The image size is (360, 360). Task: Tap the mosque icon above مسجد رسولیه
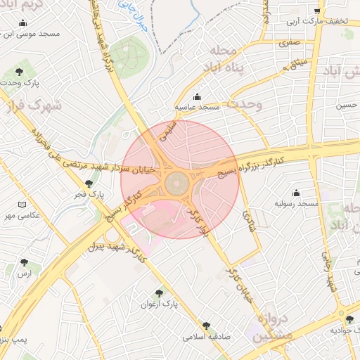[296, 193]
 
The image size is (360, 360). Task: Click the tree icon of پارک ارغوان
[158, 293]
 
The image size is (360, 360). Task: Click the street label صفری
[290, 42]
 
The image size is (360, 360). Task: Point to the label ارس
[25, 273]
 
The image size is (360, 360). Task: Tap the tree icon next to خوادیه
[349, 320]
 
